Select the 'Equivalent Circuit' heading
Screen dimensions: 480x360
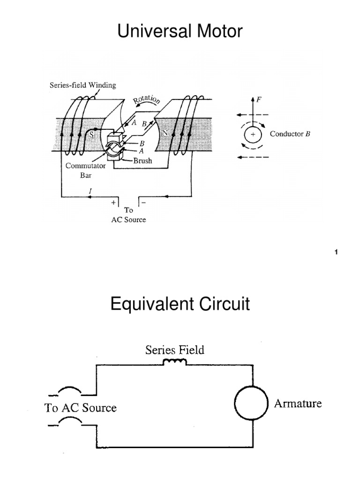[x=180, y=305]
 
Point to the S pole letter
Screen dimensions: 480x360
[x=92, y=135]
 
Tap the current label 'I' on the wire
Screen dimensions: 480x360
[x=90, y=191]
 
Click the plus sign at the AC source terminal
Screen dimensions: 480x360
[x=113, y=203]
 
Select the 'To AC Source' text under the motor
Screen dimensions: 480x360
[x=128, y=215]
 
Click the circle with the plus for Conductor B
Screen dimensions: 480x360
[x=253, y=135]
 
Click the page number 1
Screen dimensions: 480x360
[x=336, y=253]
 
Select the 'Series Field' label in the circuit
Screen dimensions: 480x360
[x=175, y=350]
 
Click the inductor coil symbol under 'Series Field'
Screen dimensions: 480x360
[x=174, y=361]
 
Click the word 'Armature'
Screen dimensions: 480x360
[x=298, y=403]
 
